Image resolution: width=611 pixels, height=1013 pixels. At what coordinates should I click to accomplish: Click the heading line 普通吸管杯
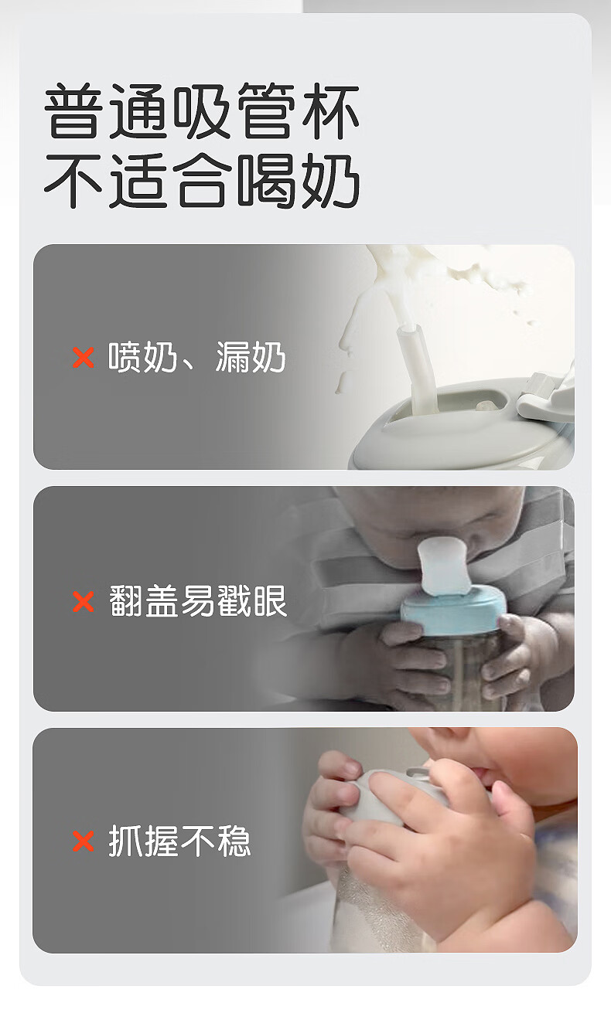(x=202, y=110)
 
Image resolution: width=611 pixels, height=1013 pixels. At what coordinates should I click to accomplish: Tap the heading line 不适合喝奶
(x=202, y=181)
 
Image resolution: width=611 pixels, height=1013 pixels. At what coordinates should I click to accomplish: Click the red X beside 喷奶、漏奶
(x=84, y=358)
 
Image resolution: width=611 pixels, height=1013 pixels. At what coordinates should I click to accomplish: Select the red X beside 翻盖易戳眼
(x=84, y=602)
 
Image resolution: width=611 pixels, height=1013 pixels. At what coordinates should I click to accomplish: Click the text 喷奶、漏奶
(x=197, y=357)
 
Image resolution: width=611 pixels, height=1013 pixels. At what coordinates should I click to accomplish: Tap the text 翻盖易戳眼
(x=198, y=601)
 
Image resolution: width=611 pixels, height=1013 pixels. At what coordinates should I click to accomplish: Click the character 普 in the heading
(x=73, y=110)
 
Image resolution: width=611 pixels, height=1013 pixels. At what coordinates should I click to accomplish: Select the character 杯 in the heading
(x=331, y=110)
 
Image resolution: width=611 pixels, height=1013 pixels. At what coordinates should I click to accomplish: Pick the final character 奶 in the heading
(x=331, y=181)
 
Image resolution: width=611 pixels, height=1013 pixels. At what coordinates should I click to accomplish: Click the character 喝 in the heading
(x=267, y=181)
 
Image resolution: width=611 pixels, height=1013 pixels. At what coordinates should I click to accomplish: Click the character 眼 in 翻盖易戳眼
(x=270, y=601)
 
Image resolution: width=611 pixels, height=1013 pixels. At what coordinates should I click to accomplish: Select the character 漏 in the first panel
(x=233, y=357)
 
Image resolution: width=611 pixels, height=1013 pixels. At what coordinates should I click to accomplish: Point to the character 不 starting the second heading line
(x=73, y=181)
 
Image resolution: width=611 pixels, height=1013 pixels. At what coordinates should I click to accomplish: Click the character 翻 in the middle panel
(x=126, y=601)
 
